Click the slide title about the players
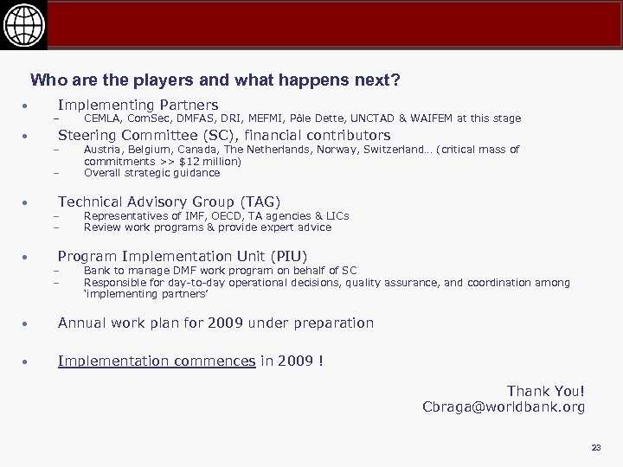[215, 81]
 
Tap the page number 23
[595, 447]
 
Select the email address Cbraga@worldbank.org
[503, 406]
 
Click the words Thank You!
[546, 392]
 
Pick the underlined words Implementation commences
[157, 361]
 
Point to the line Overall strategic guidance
[151, 172]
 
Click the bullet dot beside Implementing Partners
[27, 106]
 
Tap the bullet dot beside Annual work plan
[27, 323]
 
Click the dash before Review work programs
[54, 228]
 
